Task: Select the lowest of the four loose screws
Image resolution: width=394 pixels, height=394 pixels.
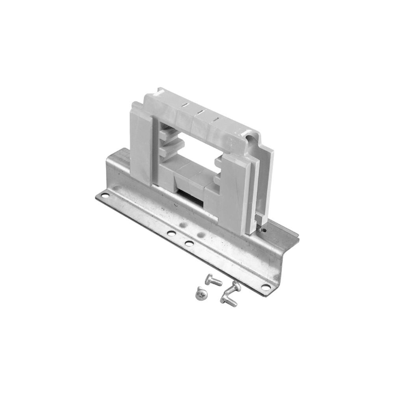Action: [x=230, y=302]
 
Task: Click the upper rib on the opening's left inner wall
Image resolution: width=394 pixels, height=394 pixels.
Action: [x=167, y=135]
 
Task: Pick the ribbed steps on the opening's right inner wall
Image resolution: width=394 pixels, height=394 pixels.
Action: [x=218, y=169]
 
